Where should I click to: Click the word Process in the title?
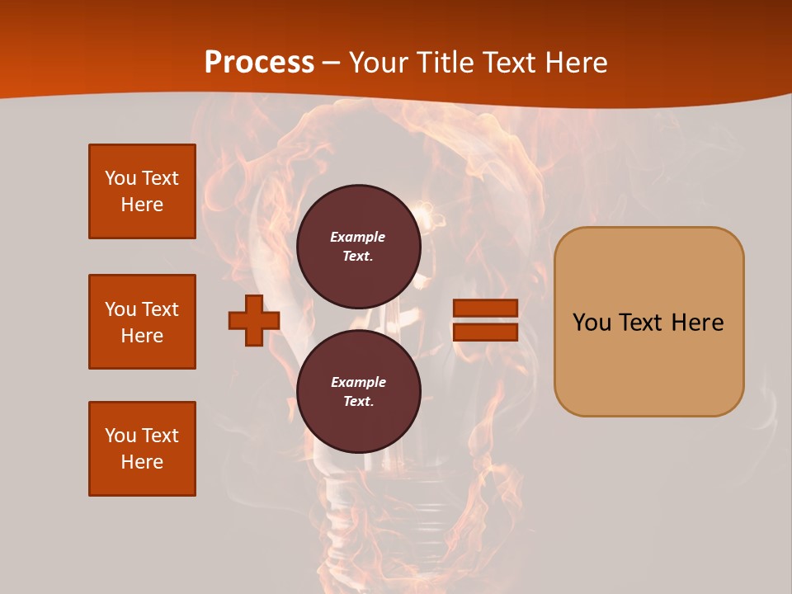(x=259, y=63)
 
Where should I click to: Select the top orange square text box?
(x=142, y=191)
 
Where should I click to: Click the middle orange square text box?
(x=142, y=322)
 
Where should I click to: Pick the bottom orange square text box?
(x=142, y=449)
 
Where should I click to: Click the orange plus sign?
(x=254, y=320)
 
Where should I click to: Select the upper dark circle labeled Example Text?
(x=358, y=247)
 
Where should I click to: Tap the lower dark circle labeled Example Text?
(x=358, y=392)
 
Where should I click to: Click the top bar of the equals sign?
(x=485, y=309)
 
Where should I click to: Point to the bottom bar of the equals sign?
(x=485, y=332)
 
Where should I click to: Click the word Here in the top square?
(x=142, y=205)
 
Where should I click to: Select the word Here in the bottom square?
(x=142, y=462)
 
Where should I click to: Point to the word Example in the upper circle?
(x=358, y=237)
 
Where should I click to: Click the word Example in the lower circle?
(x=358, y=382)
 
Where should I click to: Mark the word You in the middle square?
(x=120, y=309)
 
